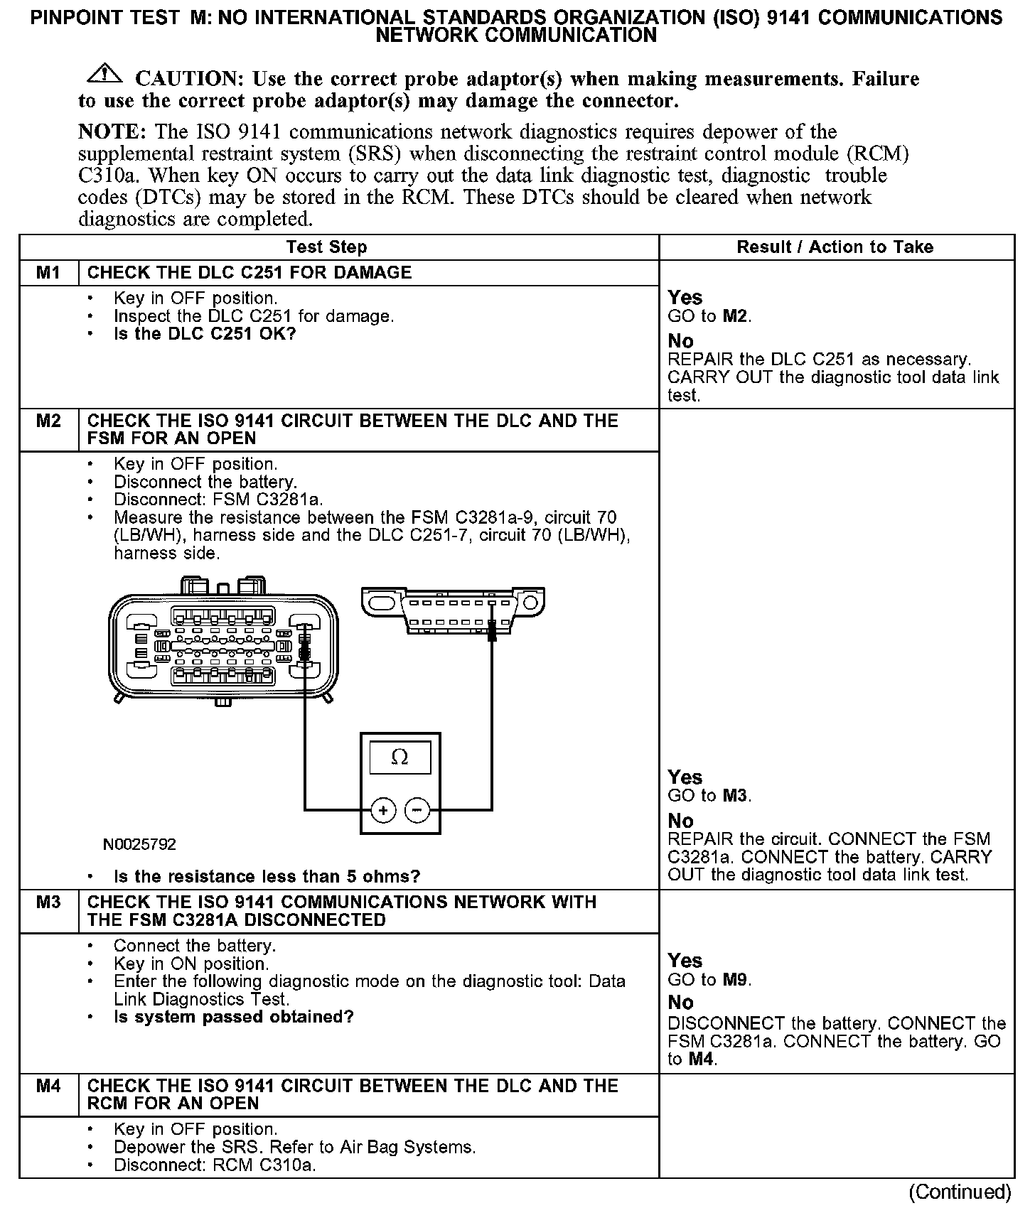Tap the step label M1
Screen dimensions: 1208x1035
coord(48,273)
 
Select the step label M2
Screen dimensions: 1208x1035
coord(48,421)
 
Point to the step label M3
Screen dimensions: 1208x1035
coord(48,902)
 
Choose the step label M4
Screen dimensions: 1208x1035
coord(48,1086)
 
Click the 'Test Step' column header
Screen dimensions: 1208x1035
coord(326,247)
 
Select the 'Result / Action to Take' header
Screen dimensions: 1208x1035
coord(835,247)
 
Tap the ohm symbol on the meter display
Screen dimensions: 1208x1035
coord(399,757)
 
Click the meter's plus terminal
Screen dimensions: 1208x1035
coord(383,810)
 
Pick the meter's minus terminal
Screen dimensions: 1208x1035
coord(417,810)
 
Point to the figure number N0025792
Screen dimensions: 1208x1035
coord(139,844)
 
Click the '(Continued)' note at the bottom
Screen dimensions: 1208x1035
coord(959,1191)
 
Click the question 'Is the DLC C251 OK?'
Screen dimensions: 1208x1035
coord(205,334)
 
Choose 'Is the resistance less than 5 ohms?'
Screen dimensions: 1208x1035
coord(267,876)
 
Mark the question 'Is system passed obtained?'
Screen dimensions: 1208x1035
coord(233,1017)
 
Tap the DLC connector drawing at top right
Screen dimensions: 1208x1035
coord(453,610)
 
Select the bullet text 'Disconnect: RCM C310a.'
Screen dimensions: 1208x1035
coord(215,1165)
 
